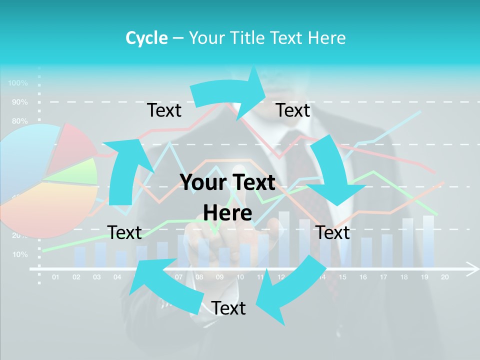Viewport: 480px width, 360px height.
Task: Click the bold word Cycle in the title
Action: pyautogui.click(x=146, y=37)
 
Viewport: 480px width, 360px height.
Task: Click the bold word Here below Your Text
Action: pyautogui.click(x=227, y=213)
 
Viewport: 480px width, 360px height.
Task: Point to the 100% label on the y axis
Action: pyautogui.click(x=18, y=82)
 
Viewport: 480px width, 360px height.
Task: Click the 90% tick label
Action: pyautogui.click(x=19, y=102)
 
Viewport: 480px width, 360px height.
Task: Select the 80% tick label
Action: pyautogui.click(x=19, y=121)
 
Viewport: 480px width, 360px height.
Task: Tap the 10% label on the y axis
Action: pyautogui.click(x=19, y=254)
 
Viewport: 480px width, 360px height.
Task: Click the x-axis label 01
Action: pyautogui.click(x=55, y=277)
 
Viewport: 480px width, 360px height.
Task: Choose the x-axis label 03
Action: pyautogui.click(x=96, y=277)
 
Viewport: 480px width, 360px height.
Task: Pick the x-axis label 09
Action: pyautogui.click(x=219, y=277)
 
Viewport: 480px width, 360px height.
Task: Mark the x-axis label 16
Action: pyautogui.click(x=363, y=277)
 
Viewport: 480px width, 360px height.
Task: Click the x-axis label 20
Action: pyautogui.click(x=444, y=277)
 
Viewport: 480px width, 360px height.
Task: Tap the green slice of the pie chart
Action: pyautogui.click(x=80, y=171)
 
